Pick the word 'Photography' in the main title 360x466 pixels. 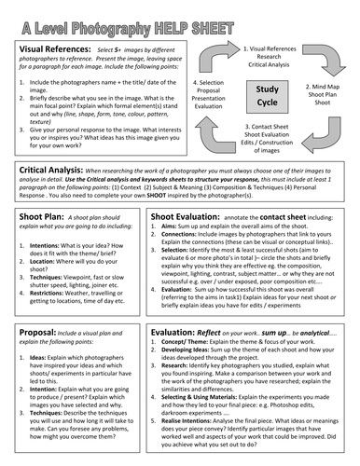[x=139, y=13]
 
